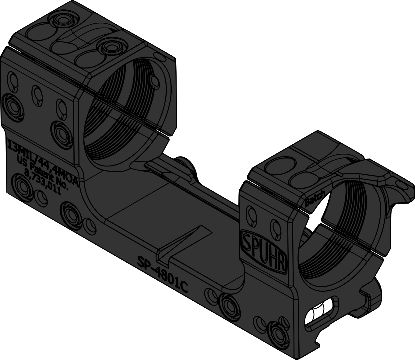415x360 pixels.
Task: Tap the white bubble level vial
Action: click(320, 314)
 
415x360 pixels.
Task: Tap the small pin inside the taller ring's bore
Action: click(155, 82)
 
